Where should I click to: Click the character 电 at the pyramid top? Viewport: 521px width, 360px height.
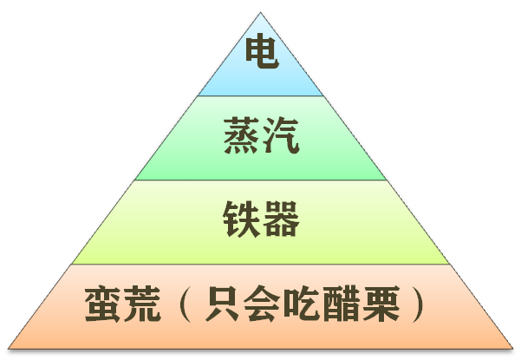tap(262, 53)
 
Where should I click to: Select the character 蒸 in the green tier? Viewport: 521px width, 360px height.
tap(242, 135)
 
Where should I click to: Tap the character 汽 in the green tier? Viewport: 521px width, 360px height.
tap(282, 135)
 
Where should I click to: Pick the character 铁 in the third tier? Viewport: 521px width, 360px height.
tap(242, 219)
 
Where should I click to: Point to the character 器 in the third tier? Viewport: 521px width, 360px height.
tap(282, 219)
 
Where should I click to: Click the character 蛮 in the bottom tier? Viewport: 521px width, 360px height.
tap(102, 304)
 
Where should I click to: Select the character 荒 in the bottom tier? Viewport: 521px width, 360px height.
tap(142, 304)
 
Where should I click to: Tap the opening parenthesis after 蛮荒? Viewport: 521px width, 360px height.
tap(186, 304)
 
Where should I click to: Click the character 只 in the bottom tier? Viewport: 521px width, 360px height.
tap(222, 304)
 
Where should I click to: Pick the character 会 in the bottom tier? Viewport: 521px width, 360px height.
tap(262, 304)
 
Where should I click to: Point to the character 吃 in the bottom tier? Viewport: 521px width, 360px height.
tap(302, 304)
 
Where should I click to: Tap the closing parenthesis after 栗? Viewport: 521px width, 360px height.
tap(418, 304)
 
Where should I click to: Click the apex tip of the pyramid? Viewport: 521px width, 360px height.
tap(260, 13)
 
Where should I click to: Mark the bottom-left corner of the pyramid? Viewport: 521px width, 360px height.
tap(9, 349)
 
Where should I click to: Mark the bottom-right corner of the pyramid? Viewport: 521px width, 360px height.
tap(512, 349)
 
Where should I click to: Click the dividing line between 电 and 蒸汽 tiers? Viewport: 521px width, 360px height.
tap(260, 96)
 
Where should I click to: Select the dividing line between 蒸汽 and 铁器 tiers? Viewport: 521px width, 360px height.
tap(260, 180)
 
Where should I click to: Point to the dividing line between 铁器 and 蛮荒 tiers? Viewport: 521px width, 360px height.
tap(260, 265)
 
